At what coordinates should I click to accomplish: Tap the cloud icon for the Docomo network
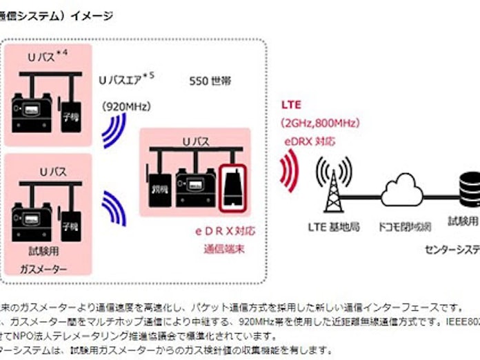pos(401,188)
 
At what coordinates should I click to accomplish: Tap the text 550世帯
pos(210,81)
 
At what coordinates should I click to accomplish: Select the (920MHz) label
pos(126,106)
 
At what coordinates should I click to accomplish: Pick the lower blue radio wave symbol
pos(114,208)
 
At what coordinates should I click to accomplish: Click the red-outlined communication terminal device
pos(232,188)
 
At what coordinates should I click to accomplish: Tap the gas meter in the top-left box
pos(31,110)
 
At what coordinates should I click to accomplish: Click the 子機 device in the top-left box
pos(70,113)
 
